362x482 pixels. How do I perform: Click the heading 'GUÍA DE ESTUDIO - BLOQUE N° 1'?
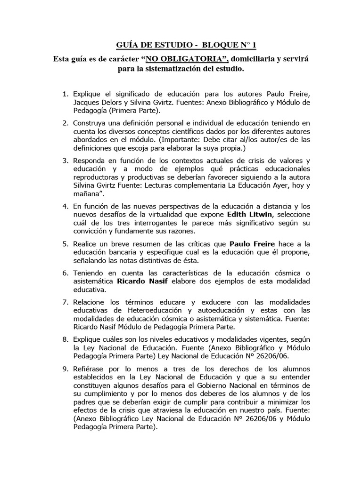(x=187, y=45)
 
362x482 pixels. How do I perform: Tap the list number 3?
(x=66, y=161)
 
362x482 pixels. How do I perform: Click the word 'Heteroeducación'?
(x=134, y=311)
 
